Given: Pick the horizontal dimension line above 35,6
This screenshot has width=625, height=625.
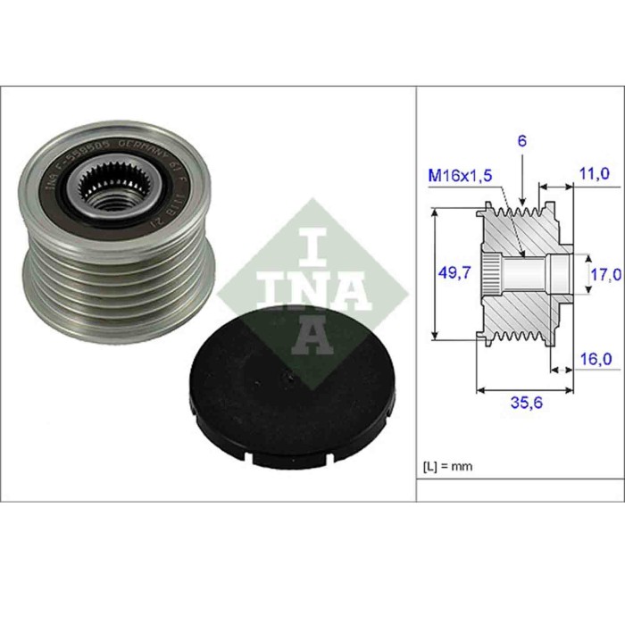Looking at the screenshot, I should tap(524, 388).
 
